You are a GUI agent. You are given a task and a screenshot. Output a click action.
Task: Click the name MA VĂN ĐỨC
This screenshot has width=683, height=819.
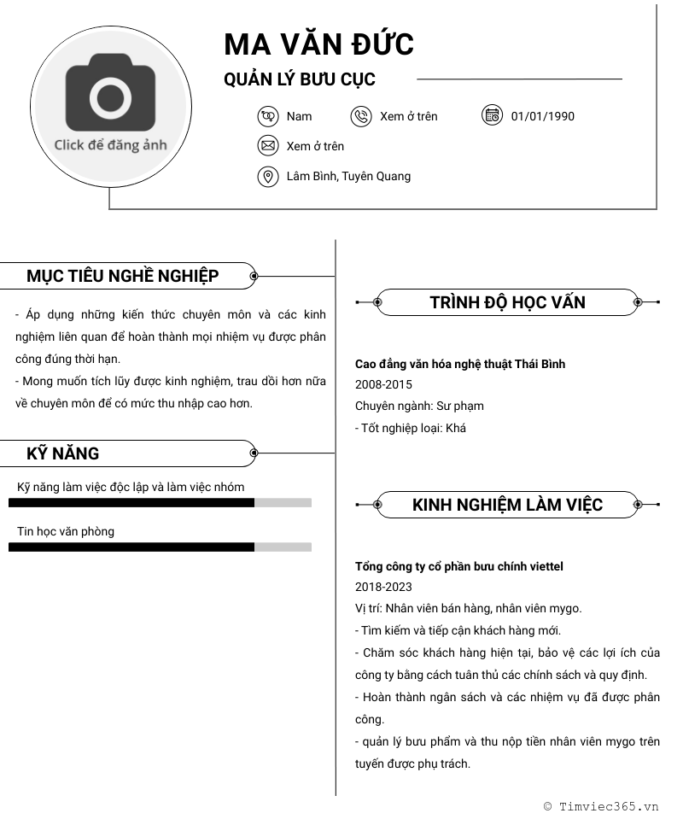[x=318, y=44]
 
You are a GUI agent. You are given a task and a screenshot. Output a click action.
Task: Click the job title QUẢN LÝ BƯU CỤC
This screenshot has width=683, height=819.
[x=299, y=79]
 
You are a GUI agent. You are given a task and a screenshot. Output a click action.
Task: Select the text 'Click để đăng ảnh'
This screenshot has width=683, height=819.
[x=110, y=144]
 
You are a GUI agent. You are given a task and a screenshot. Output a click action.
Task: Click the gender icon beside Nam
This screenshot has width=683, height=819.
[x=268, y=116]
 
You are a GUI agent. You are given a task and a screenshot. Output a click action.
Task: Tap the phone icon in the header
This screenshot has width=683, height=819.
[x=361, y=116]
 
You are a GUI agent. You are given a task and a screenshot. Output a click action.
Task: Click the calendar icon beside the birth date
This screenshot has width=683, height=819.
[x=492, y=115]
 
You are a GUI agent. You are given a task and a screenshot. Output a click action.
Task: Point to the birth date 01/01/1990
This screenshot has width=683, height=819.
[x=542, y=116]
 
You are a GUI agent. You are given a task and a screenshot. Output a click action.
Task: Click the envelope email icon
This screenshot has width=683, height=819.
[x=268, y=146]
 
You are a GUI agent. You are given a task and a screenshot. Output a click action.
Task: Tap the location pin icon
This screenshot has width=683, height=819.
[x=268, y=176]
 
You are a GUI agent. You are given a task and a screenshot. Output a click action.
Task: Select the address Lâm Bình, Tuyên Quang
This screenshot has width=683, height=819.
[x=348, y=176]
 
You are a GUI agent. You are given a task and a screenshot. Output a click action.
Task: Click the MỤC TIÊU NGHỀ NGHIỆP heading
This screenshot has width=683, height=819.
[x=122, y=276]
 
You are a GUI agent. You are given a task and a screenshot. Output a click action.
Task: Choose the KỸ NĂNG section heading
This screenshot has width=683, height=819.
[x=62, y=453]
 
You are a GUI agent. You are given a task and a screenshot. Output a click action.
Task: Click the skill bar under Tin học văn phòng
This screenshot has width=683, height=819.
[x=160, y=547]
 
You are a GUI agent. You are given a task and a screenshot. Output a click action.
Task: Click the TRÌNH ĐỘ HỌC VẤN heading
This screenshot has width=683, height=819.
[x=507, y=302]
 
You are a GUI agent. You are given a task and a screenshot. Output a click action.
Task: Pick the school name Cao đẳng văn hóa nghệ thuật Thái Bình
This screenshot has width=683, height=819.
[x=459, y=364]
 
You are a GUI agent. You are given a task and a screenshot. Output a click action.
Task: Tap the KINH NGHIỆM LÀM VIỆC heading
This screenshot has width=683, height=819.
[x=507, y=505]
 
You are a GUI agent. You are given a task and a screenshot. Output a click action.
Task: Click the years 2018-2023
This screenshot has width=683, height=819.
[x=383, y=587]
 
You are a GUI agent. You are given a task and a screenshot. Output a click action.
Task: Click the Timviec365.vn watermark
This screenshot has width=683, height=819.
[x=601, y=805]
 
